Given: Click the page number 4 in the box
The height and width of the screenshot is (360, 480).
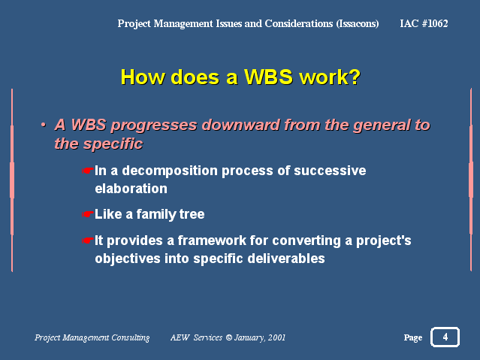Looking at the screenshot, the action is (x=445, y=337).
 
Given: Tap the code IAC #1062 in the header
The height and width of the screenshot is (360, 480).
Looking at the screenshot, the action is (x=424, y=23).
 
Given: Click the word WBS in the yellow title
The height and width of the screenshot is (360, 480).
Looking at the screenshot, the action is (x=268, y=77).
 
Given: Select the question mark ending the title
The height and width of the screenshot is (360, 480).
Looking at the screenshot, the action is (x=355, y=77).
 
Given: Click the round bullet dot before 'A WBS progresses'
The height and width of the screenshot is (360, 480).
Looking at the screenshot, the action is (x=44, y=125).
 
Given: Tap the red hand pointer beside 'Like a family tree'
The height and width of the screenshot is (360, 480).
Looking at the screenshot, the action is (x=88, y=214).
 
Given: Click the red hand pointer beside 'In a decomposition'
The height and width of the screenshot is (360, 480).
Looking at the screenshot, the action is (x=88, y=171).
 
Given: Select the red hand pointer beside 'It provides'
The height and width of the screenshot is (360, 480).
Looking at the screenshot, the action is (x=88, y=241).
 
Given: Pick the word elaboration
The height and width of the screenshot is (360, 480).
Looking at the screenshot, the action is (x=131, y=189).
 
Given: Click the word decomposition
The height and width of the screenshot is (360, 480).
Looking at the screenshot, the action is (x=170, y=171).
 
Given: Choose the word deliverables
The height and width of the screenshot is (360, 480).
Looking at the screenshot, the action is (x=286, y=259).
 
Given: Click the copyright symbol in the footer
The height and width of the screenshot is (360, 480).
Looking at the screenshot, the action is (x=228, y=337).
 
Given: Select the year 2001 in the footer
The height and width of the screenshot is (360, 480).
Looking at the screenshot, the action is (x=276, y=337).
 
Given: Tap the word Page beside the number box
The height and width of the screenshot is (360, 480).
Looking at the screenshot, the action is (x=413, y=337).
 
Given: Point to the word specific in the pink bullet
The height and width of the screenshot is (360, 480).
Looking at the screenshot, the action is (x=113, y=144).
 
